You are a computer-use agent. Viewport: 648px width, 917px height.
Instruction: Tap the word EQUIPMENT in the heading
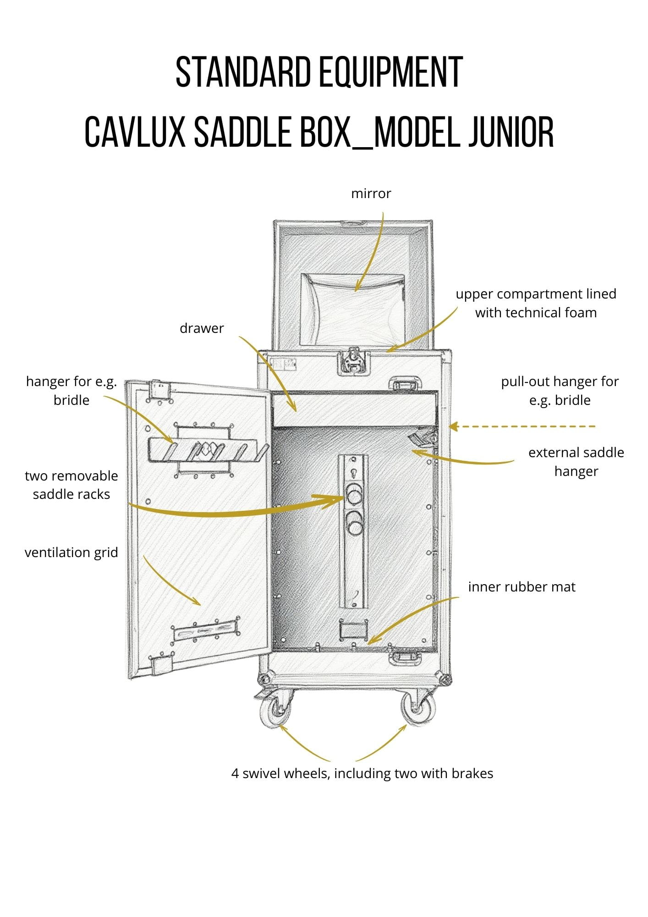click(x=390, y=72)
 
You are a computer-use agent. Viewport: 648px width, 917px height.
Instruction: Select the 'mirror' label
click(x=371, y=193)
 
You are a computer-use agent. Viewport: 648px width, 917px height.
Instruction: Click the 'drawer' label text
click(x=202, y=328)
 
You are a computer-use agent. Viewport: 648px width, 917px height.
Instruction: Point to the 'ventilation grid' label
click(x=71, y=552)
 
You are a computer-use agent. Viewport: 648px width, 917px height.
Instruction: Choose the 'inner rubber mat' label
click(x=522, y=587)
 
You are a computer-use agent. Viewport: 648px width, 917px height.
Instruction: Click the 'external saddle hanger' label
click(x=576, y=462)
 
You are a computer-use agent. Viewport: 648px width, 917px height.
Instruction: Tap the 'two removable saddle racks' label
click(x=71, y=485)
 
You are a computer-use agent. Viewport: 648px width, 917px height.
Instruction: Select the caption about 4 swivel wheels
click(x=362, y=773)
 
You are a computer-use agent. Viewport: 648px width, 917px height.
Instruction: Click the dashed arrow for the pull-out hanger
click(x=522, y=426)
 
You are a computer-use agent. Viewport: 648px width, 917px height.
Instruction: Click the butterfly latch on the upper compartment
click(x=353, y=360)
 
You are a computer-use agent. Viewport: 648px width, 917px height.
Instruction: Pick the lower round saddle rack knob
click(x=354, y=523)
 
